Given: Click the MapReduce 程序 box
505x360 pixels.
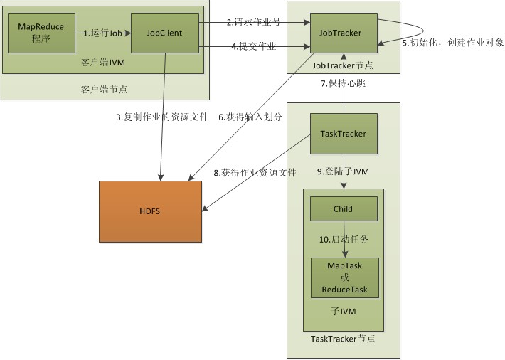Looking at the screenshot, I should pyautogui.click(x=41, y=32).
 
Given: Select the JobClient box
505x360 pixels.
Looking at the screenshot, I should pyautogui.click(x=165, y=32).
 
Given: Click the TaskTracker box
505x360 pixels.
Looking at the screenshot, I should pyautogui.click(x=344, y=133).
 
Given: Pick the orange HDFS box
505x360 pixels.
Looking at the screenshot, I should pyautogui.click(x=151, y=211).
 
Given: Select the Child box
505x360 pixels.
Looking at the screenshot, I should pyautogui.click(x=344, y=209).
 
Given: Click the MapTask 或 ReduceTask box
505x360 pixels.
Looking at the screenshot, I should pyautogui.click(x=345, y=277).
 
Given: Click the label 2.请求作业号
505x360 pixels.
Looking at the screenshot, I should pyautogui.click(x=253, y=22).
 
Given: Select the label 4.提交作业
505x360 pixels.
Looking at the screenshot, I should pyautogui.click(x=253, y=47).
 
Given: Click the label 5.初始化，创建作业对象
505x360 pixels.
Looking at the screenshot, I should pyautogui.click(x=453, y=43).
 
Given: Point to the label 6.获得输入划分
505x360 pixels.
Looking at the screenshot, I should pyautogui.click(x=250, y=117).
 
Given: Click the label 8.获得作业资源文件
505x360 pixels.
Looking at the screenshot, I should pyautogui.click(x=254, y=172).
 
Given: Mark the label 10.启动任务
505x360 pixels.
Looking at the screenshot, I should pyautogui.click(x=346, y=240).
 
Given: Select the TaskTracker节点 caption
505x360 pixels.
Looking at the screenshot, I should pyautogui.click(x=344, y=339).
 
